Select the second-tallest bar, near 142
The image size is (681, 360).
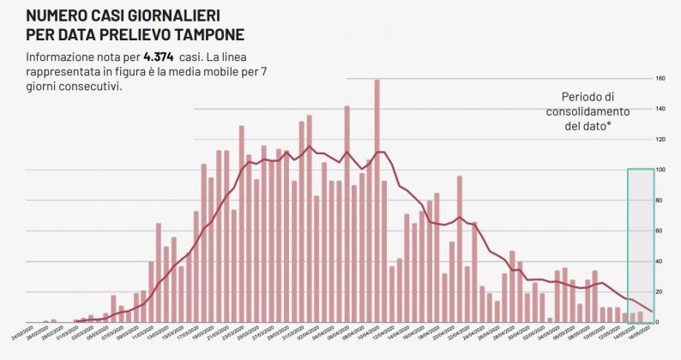(x=347, y=214)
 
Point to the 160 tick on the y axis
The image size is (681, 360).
(x=661, y=79)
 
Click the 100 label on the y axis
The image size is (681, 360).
(x=661, y=170)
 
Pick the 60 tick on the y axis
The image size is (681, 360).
(x=661, y=231)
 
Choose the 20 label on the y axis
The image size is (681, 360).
(x=661, y=291)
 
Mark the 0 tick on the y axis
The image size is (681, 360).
(x=661, y=322)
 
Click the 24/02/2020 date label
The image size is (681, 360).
(x=18, y=333)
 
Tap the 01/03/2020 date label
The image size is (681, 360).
(x=63, y=333)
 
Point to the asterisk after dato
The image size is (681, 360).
(x=611, y=125)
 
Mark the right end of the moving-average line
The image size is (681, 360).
(x=654, y=312)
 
